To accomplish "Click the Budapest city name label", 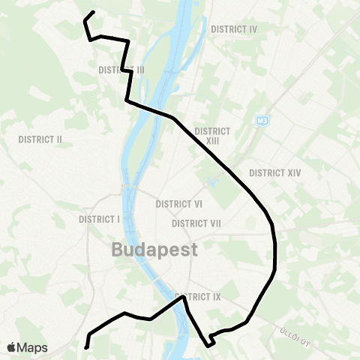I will pyautogui.click(x=155, y=250).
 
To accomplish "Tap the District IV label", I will pyautogui.click(x=235, y=29).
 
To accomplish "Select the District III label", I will pyautogui.click(x=121, y=70).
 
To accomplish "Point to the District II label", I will pyautogui.click(x=40, y=139).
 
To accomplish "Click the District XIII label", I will pyautogui.click(x=211, y=135).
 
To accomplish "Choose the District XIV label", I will pyautogui.click(x=274, y=172).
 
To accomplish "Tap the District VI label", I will pyautogui.click(x=178, y=204).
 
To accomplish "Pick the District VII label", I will pyautogui.click(x=196, y=223).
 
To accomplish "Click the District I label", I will pyautogui.click(x=99, y=220).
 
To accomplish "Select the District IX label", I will pyautogui.click(x=197, y=296).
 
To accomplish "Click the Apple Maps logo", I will pyautogui.click(x=26, y=347).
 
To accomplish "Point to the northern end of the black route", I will pyautogui.click(x=93, y=11).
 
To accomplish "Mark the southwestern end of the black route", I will pyautogui.click(x=86, y=347).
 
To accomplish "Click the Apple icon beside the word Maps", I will pyautogui.click(x=11, y=347).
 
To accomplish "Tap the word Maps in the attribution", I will pyautogui.click(x=32, y=347).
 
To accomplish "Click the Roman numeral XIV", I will pyautogui.click(x=292, y=172).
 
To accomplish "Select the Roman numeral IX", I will pyautogui.click(x=216, y=296).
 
